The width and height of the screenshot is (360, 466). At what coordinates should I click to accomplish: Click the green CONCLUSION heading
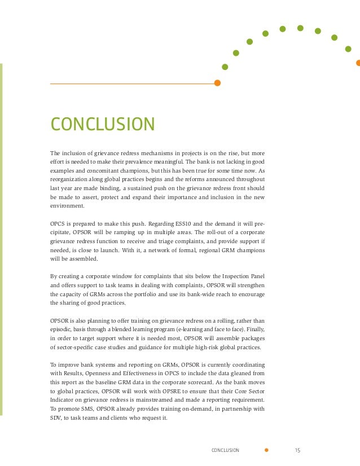pyautogui.click(x=102, y=124)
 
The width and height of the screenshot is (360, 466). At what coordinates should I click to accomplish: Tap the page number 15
pyautogui.click(x=298, y=450)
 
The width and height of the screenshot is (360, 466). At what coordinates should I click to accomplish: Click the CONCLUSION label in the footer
pyautogui.click(x=225, y=450)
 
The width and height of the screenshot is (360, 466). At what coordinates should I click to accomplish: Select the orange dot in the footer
pyautogui.click(x=267, y=450)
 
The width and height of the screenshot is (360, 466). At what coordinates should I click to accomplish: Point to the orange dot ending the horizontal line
pyautogui.click(x=217, y=83)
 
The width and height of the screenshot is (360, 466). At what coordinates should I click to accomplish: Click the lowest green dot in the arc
pyautogui.click(x=225, y=67)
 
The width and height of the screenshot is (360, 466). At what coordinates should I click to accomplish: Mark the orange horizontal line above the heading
pyautogui.click(x=133, y=83)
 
